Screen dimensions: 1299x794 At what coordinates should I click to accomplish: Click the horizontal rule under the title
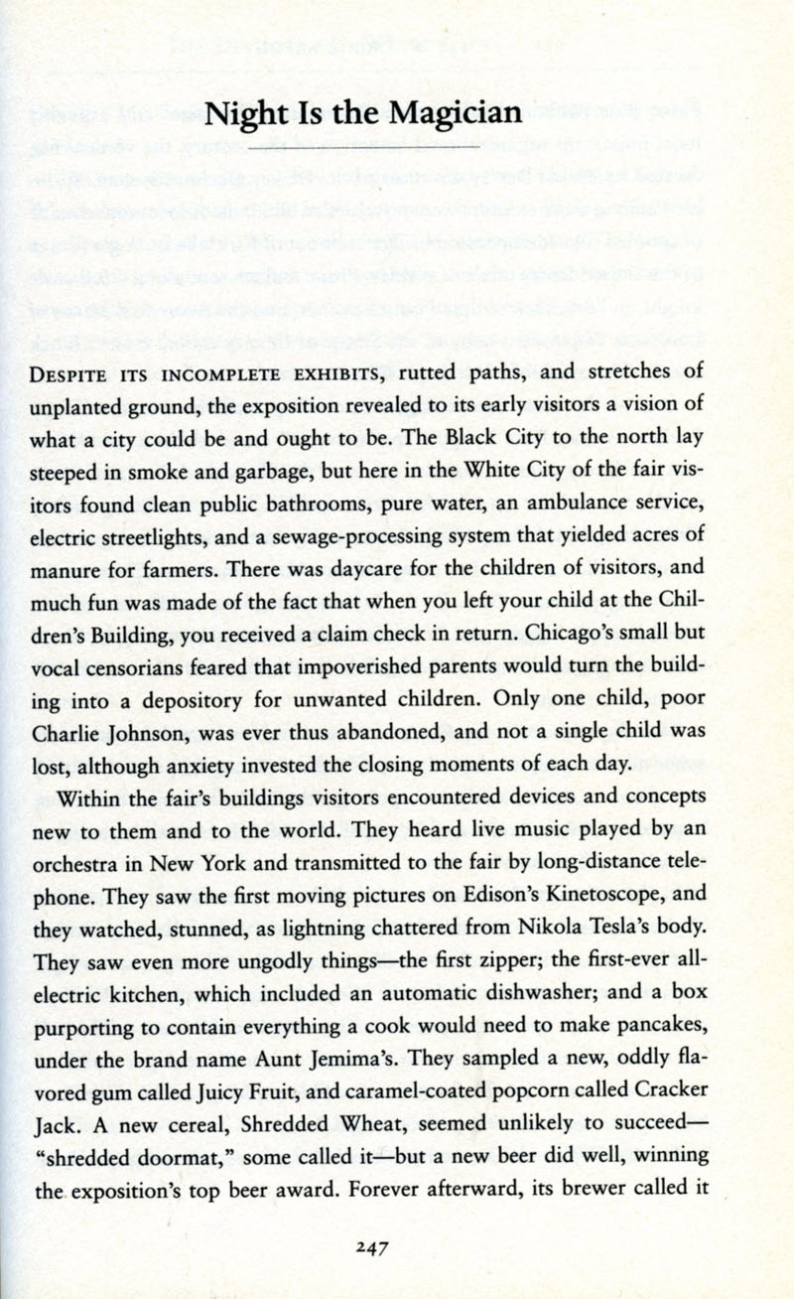pyautogui.click(x=366, y=145)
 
